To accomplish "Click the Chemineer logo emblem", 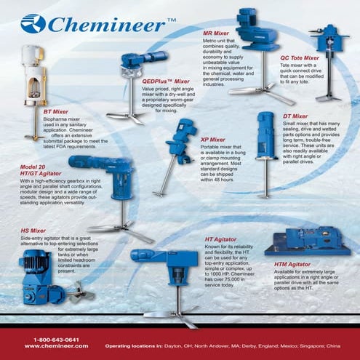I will (33, 24).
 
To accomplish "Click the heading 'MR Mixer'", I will (216, 33).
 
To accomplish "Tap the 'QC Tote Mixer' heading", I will (300, 57).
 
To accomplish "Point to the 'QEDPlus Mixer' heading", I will (166, 81).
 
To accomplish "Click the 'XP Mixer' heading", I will (213, 139).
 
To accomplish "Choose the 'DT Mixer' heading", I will (295, 116).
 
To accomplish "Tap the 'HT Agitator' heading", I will (221, 239).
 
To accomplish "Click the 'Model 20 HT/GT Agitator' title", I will (39, 171).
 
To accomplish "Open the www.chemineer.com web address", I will (56, 346).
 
